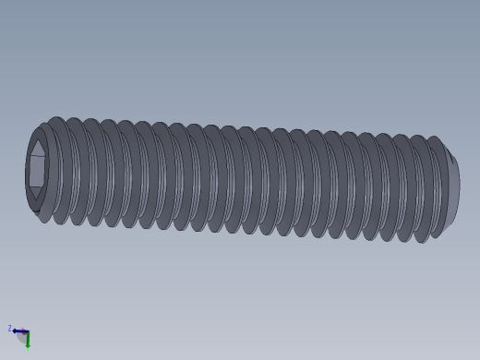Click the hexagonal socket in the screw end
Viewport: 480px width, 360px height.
click(37, 170)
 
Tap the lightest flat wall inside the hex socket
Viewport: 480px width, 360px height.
click(38, 171)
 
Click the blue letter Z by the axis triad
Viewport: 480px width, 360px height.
click(10, 329)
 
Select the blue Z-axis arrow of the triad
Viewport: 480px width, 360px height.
click(18, 330)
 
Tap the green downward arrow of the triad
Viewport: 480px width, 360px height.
click(28, 342)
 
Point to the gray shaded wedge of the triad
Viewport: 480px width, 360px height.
click(21, 338)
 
